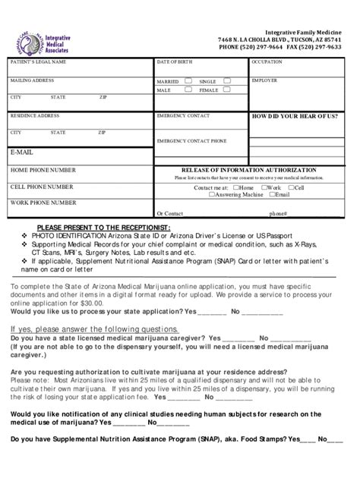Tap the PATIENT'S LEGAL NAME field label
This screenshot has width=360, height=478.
[38, 62]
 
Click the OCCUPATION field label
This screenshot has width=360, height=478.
[267, 62]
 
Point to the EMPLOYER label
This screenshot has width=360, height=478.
[264, 80]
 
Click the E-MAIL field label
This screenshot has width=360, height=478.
[22, 153]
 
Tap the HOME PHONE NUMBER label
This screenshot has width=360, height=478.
[43, 170]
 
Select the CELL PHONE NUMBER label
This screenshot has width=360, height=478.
[42, 187]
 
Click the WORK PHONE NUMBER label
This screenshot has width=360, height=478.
[43, 203]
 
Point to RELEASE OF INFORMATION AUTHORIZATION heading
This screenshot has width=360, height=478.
[248, 170]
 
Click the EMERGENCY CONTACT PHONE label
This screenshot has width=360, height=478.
[191, 140]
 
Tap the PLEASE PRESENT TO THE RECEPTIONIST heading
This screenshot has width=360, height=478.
[103, 228]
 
